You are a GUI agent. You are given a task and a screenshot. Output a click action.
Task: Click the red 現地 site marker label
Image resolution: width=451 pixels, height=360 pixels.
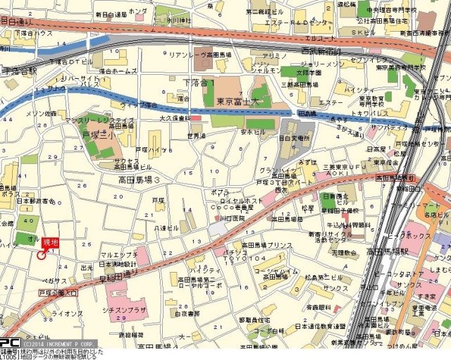coord(51,243)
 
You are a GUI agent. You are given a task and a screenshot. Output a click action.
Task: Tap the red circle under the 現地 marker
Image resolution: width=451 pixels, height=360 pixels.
coord(42,255)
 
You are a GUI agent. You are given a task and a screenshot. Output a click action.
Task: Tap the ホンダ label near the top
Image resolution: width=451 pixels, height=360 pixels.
coord(138,11)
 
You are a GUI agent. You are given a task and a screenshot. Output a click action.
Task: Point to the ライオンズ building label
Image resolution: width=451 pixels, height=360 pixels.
coord(67,314)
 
